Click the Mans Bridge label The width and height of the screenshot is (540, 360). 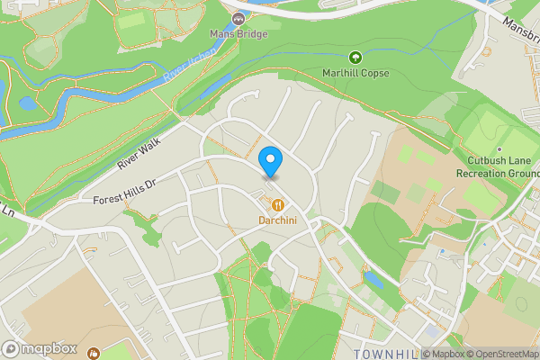238,33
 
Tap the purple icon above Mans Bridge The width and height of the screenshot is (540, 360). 238,19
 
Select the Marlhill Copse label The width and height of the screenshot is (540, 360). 355,73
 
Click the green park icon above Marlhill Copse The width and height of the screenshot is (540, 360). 355,58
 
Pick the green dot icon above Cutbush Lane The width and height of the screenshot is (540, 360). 499,149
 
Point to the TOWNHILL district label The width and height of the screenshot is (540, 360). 387,352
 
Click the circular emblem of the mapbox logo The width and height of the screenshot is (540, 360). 12,348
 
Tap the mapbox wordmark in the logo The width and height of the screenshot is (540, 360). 50,348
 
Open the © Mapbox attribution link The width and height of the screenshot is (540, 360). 442,354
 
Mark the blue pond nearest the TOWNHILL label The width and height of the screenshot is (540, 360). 373,281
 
